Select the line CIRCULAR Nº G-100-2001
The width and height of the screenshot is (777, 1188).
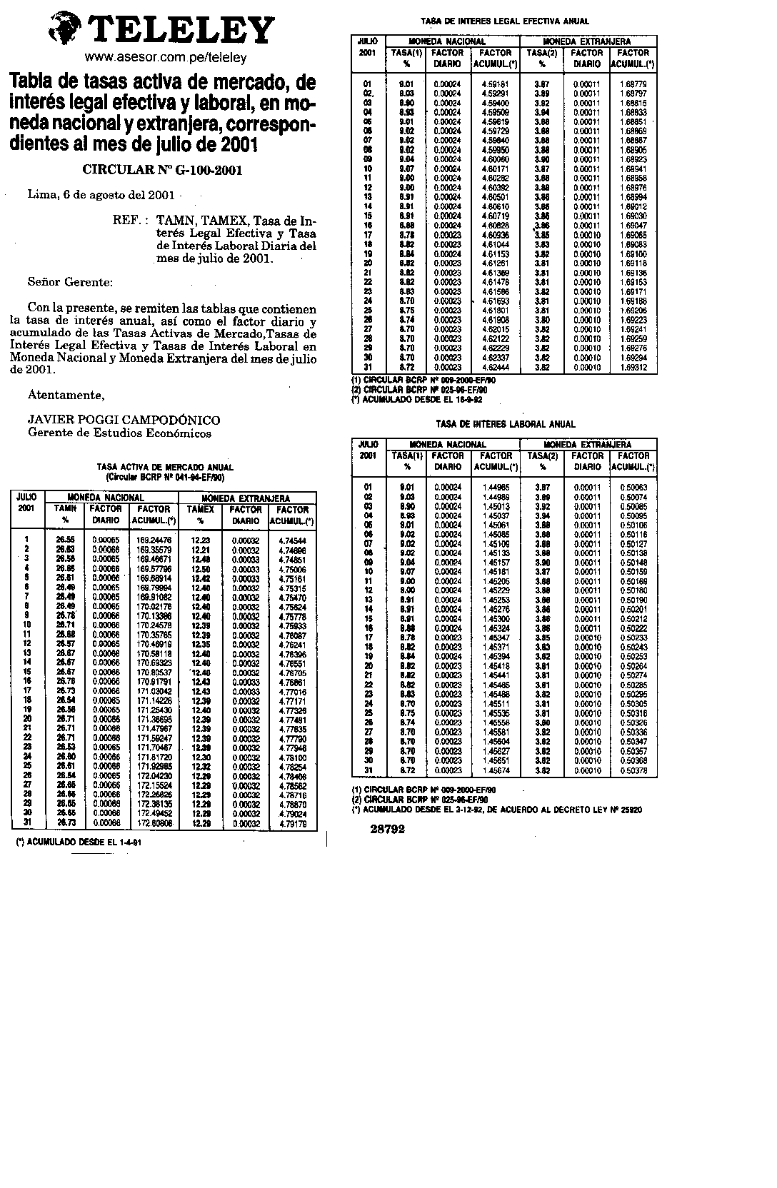click(162, 170)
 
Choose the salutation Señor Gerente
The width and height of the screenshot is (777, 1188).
click(70, 281)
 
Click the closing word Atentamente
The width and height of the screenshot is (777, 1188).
click(66, 395)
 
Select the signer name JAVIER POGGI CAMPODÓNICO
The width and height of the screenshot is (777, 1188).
click(124, 420)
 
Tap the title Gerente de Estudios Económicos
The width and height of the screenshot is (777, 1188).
click(119, 433)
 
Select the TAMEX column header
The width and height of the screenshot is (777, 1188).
click(201, 510)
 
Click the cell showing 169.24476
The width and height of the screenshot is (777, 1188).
click(154, 540)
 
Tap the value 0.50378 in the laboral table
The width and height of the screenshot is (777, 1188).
click(633, 770)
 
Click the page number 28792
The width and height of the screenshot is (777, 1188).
click(388, 829)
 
